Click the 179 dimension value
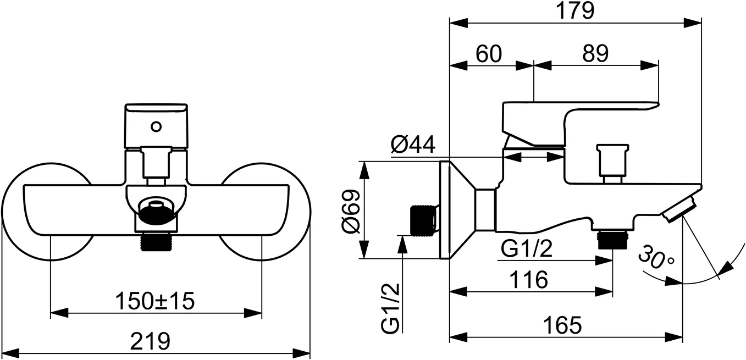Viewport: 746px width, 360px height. [x=576, y=10]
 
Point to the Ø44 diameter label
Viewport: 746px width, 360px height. [x=413, y=145]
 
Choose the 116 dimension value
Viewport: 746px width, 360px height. [x=528, y=280]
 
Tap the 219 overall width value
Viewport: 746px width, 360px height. [x=150, y=342]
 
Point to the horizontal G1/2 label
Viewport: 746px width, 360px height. [x=526, y=250]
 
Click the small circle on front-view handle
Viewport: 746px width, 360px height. [x=157, y=127]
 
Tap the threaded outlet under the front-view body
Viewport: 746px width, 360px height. [x=157, y=242]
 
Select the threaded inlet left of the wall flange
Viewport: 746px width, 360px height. [x=424, y=219]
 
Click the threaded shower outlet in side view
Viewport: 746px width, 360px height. [x=612, y=239]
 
